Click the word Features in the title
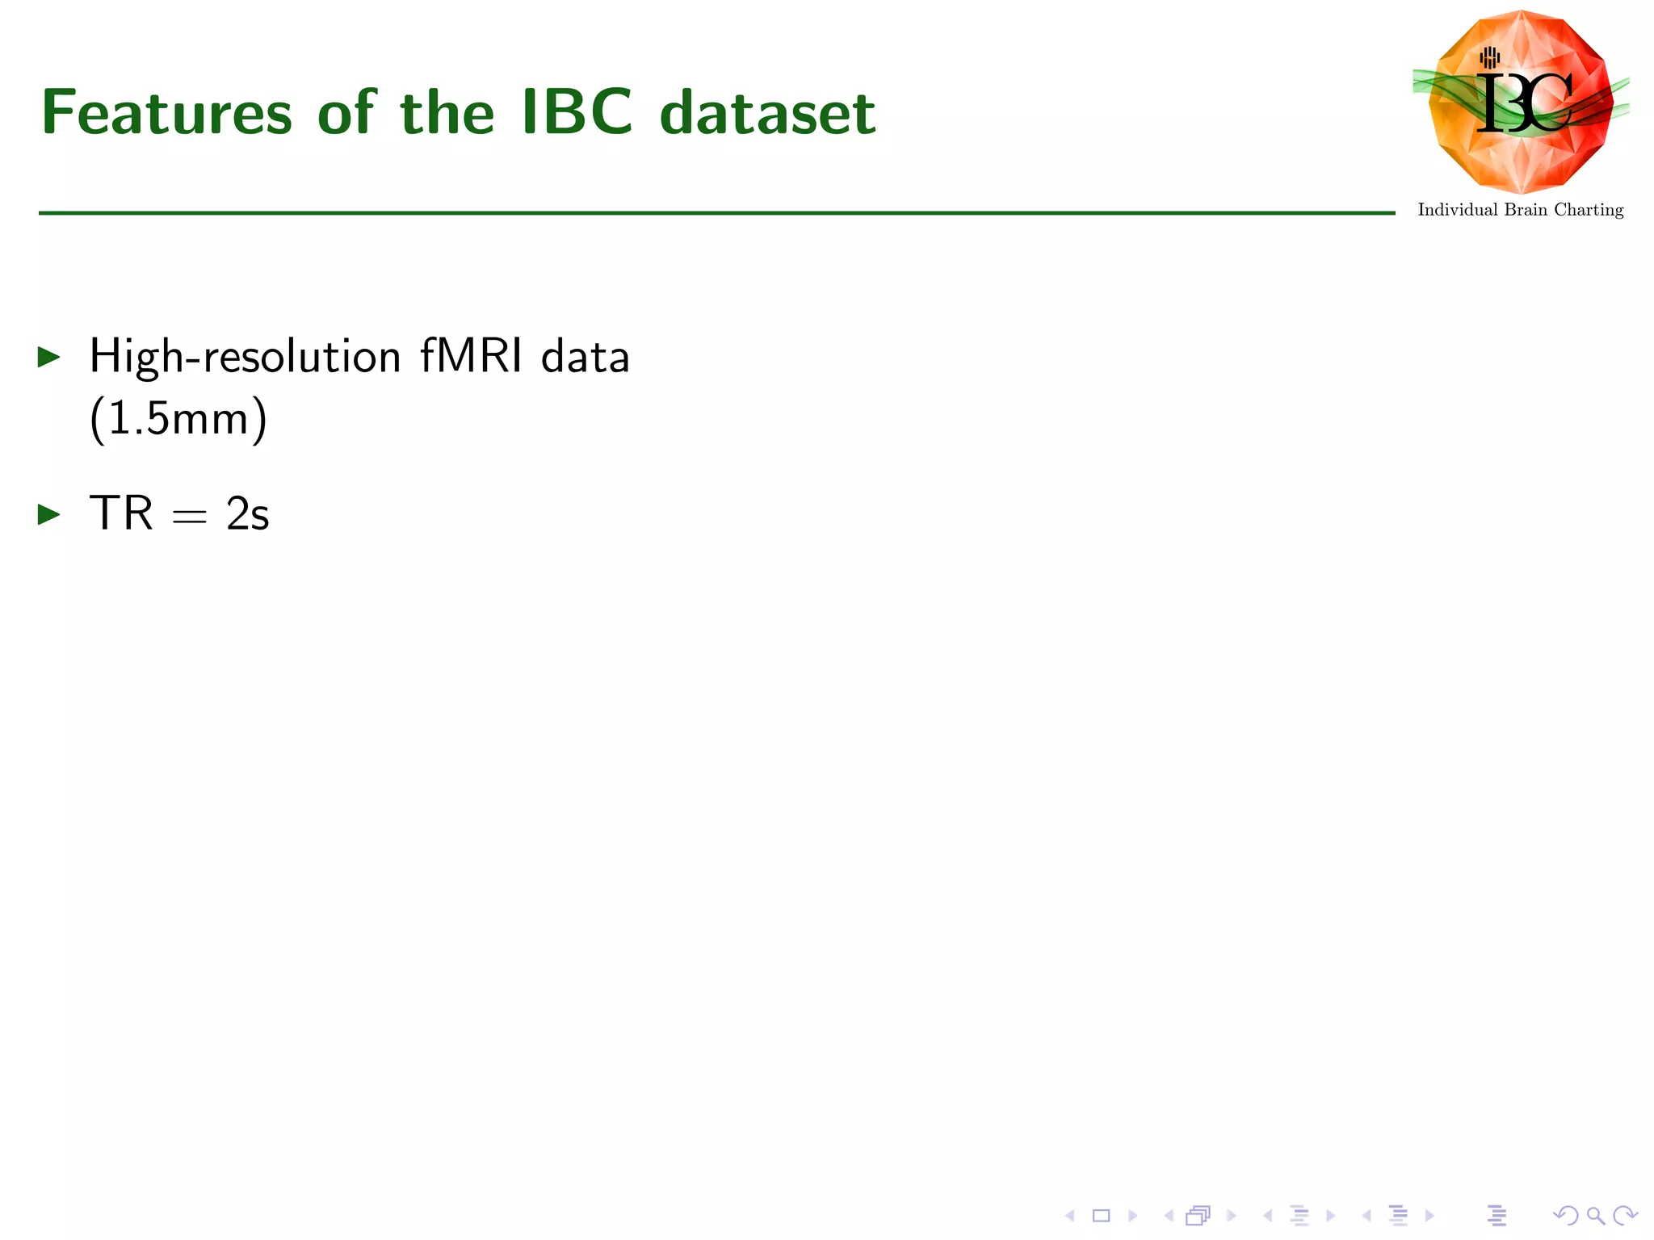pyautogui.click(x=166, y=113)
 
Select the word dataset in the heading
pyautogui.click(x=767, y=113)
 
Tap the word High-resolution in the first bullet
pyautogui.click(x=245, y=357)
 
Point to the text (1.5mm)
pyautogui.click(x=178, y=418)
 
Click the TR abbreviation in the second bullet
pyautogui.click(x=121, y=513)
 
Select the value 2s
pyautogui.click(x=247, y=514)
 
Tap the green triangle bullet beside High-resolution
pyautogui.click(x=49, y=357)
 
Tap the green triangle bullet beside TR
pyautogui.click(x=49, y=514)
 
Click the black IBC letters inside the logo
pyautogui.click(x=1523, y=103)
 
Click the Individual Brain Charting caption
pyautogui.click(x=1520, y=210)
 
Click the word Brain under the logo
pyautogui.click(x=1526, y=210)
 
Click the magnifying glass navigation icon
pyautogui.click(x=1595, y=1216)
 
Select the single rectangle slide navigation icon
pyautogui.click(x=1101, y=1216)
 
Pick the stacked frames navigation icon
pyautogui.click(x=1198, y=1216)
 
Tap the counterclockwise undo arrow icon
pyautogui.click(x=1565, y=1216)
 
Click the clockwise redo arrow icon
pyautogui.click(x=1624, y=1216)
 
